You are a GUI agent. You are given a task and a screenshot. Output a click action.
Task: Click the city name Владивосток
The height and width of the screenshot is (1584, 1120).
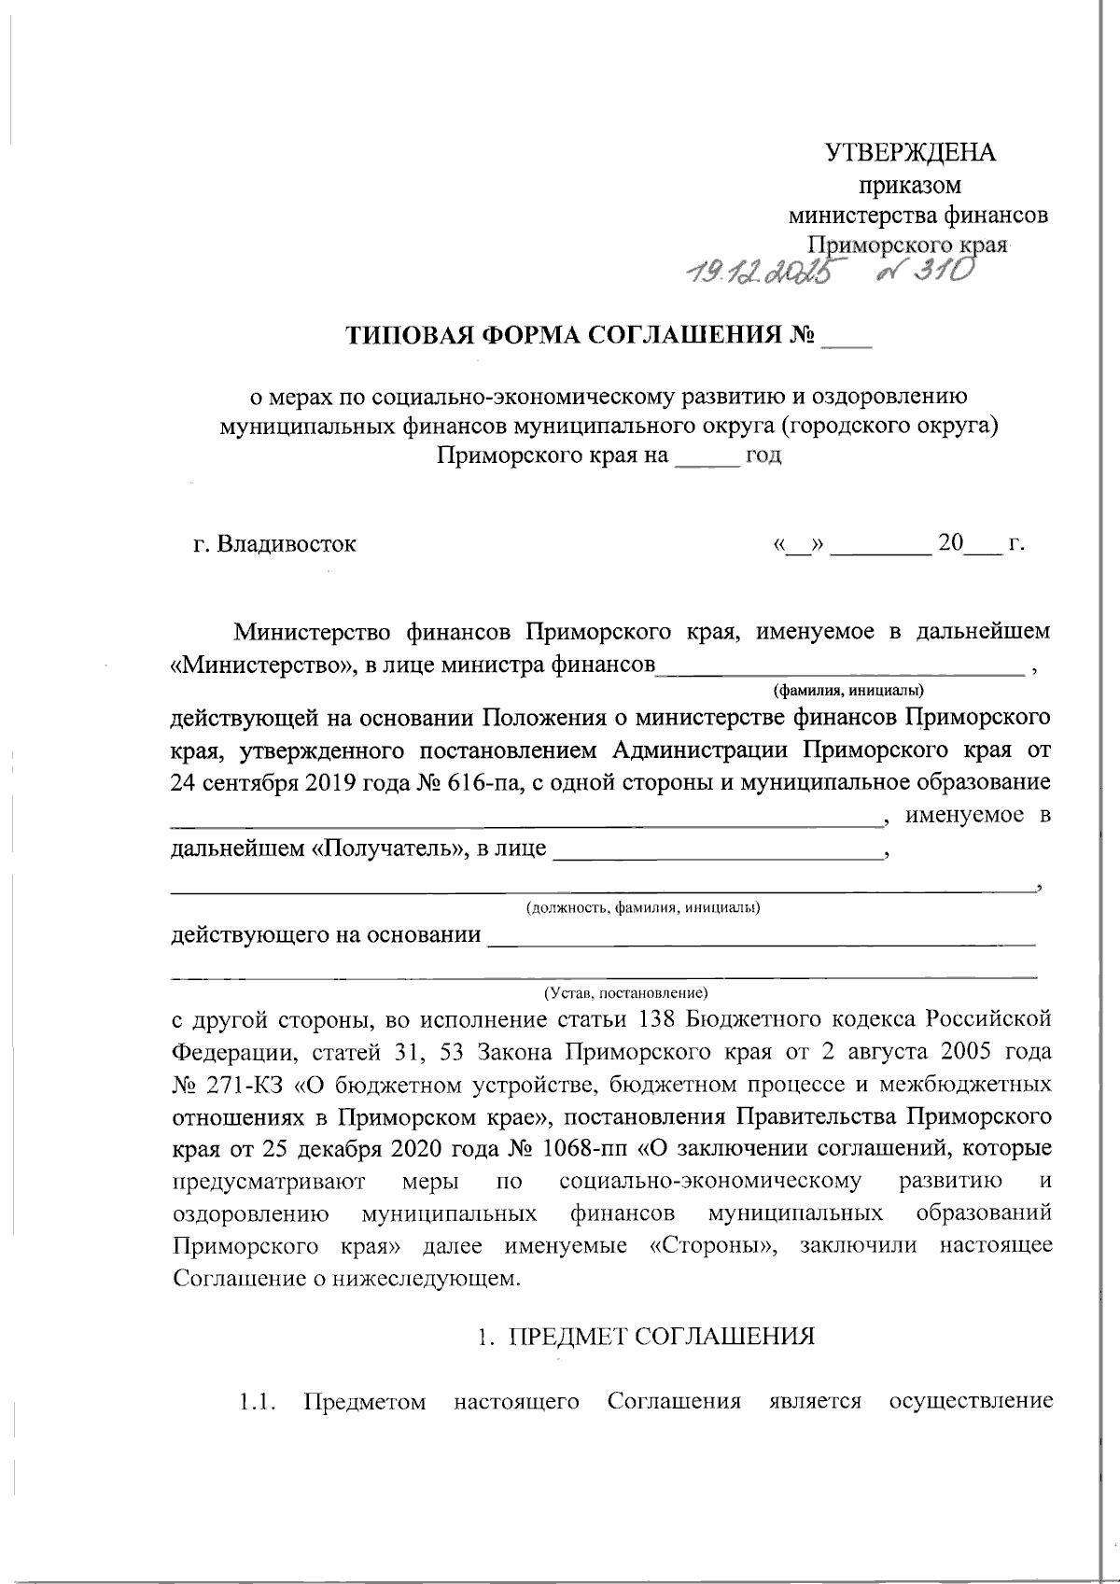pyautogui.click(x=287, y=544)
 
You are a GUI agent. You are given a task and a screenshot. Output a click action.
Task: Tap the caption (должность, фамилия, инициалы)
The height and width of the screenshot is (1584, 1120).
pyautogui.click(x=642, y=908)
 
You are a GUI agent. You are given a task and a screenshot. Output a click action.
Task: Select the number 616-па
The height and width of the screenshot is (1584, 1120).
pyautogui.click(x=485, y=782)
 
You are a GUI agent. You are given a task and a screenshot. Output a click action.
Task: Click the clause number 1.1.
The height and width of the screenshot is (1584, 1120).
pyautogui.click(x=256, y=1402)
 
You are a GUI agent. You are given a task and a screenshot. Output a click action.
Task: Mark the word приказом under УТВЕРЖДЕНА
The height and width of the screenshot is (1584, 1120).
pyautogui.click(x=910, y=185)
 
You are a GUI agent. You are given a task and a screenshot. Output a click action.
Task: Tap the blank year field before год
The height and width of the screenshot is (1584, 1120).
pyautogui.click(x=706, y=457)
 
